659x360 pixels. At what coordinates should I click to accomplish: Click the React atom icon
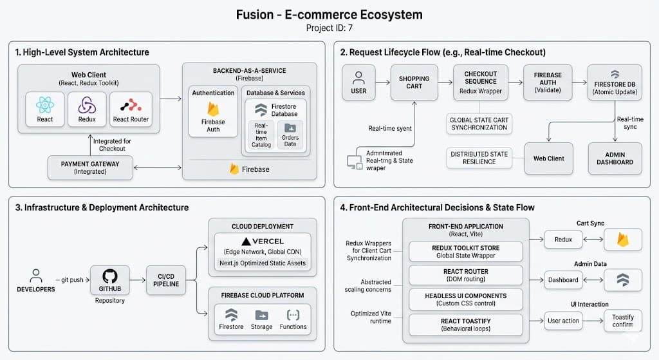(x=45, y=105)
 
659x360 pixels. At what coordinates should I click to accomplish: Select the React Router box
(x=131, y=109)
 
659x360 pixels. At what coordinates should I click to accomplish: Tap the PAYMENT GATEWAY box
(x=90, y=167)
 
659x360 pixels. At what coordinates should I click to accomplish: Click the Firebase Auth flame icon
(x=213, y=109)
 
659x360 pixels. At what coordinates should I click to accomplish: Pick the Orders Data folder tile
(x=290, y=135)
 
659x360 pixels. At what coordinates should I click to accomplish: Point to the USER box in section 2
(x=358, y=82)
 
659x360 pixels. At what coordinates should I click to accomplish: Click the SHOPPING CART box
(x=414, y=82)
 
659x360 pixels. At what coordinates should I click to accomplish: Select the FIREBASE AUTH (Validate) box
(x=548, y=82)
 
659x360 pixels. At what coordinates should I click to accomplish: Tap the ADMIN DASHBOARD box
(x=615, y=158)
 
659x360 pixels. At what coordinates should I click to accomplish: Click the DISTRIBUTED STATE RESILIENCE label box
(x=479, y=158)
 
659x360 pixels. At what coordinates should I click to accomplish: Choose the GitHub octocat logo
(x=109, y=276)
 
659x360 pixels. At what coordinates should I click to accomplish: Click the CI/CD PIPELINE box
(x=166, y=280)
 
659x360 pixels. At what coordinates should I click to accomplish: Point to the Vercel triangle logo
(x=246, y=242)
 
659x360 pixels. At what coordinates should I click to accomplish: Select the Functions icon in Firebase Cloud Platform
(x=293, y=315)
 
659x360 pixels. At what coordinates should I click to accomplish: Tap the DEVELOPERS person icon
(x=36, y=276)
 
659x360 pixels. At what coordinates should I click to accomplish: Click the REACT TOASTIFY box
(x=466, y=325)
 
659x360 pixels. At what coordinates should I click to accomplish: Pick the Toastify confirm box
(x=623, y=321)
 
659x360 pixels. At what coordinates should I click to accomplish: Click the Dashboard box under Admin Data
(x=563, y=280)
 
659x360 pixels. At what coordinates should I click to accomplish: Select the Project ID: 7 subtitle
(x=329, y=28)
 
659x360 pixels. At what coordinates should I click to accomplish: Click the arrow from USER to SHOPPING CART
(x=383, y=82)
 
